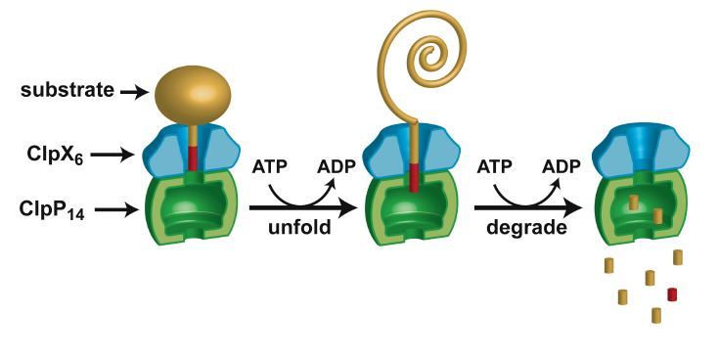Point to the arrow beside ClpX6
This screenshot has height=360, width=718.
pos(119,153)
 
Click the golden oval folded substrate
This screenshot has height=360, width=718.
pos(194,95)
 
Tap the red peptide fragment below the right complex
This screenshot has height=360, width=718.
pos(672,293)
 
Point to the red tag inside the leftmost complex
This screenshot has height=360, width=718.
pos(194,157)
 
